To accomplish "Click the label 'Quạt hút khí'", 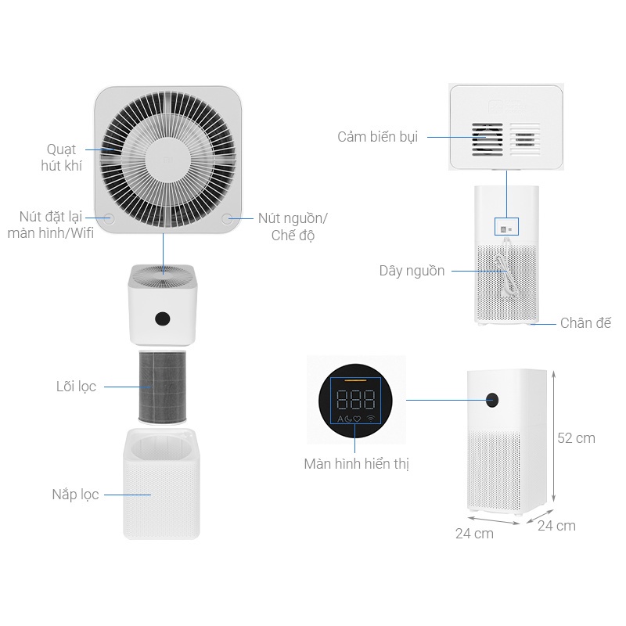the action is (63, 157).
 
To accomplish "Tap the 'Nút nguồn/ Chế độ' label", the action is (293, 226).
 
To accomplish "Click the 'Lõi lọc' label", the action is (76, 387).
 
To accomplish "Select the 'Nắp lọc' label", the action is (75, 495).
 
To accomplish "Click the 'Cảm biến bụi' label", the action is (377, 137).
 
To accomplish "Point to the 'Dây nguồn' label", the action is (412, 271).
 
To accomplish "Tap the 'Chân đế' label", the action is (585, 322).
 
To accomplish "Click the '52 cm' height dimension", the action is (576, 438).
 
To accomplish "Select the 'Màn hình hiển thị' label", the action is (357, 464).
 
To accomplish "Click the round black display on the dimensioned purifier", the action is (493, 399).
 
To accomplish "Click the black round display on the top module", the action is (164, 318).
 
